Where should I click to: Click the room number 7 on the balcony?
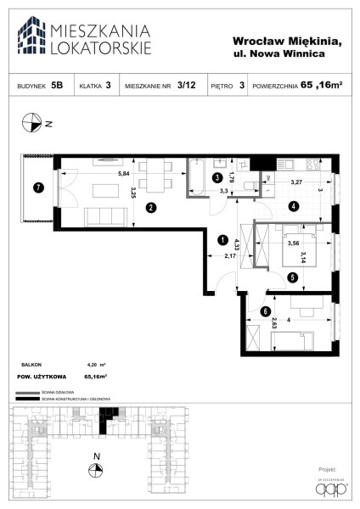pos(38,187)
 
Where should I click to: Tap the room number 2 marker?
pos(149,207)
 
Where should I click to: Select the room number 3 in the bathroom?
pos(217,178)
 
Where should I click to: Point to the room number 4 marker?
pos(292,205)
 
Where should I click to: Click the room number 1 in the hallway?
pos(223,239)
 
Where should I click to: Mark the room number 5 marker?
pos(291,276)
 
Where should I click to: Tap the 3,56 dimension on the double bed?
pos(293,244)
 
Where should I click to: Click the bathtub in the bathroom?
pos(197,177)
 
